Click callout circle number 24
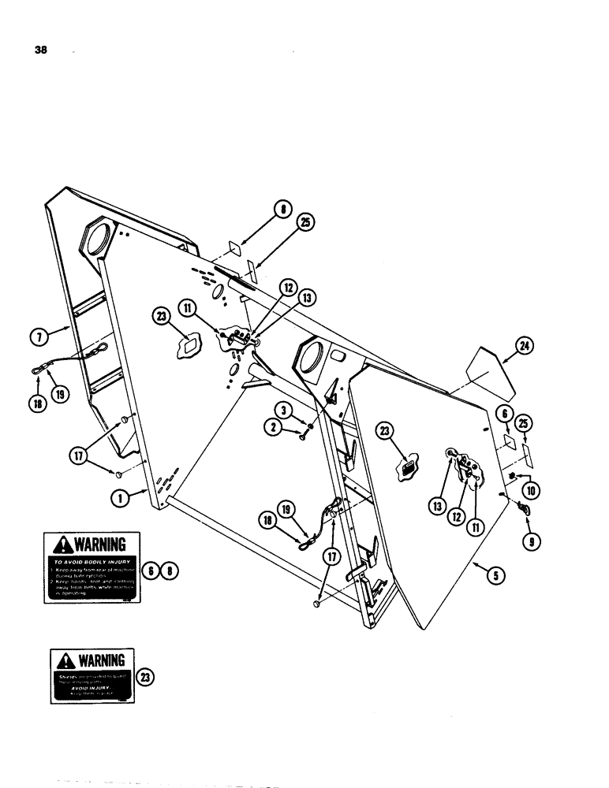(x=521, y=345)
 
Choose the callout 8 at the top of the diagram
(x=282, y=209)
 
